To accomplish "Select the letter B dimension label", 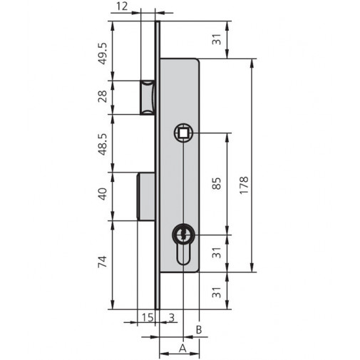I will (199, 330).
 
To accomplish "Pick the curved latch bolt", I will (148, 97).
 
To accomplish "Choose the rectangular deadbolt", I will (145, 195).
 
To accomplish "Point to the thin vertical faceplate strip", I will (158, 285).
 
